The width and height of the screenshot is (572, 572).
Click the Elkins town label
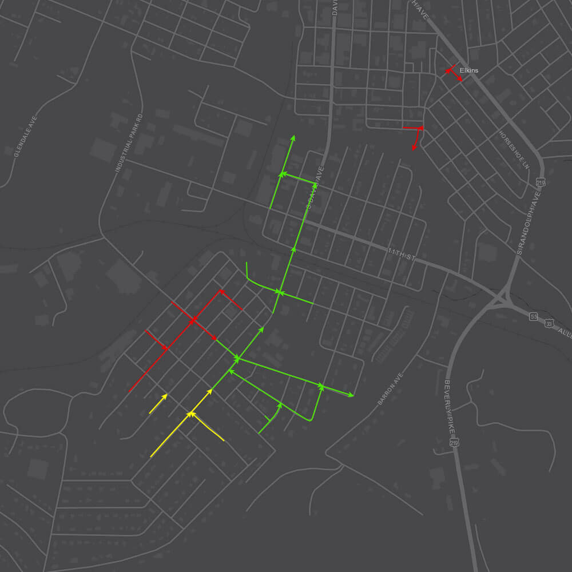pos(468,70)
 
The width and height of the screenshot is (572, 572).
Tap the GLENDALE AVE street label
pos(25,137)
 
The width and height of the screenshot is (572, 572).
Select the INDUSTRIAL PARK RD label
pos(128,144)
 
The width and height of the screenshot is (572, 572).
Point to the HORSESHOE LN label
pos(514,150)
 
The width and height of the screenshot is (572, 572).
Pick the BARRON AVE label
pos(391,390)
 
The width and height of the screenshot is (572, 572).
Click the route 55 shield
pos(533,317)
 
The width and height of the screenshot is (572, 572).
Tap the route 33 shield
pos(549,323)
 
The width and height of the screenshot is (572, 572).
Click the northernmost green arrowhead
pos(293,138)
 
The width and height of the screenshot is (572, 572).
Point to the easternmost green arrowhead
pos(351,395)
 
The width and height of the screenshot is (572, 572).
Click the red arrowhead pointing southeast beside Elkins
pos(460,79)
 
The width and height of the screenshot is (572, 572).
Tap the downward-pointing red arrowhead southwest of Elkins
pos(414,148)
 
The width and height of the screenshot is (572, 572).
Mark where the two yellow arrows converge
pos(191,413)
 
